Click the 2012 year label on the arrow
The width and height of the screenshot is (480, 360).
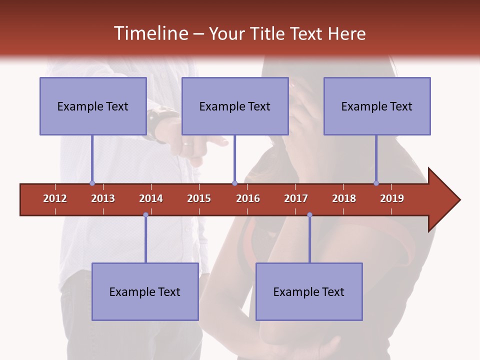(55, 198)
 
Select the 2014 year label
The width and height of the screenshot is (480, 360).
(151, 198)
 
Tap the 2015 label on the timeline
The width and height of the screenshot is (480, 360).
(199, 198)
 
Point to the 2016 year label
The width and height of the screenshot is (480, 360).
(248, 198)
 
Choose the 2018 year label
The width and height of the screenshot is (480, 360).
(344, 198)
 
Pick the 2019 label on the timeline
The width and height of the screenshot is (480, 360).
(392, 198)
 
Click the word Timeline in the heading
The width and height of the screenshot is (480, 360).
(150, 33)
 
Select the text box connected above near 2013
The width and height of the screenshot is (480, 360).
(93, 106)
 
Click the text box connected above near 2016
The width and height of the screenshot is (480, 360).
(235, 106)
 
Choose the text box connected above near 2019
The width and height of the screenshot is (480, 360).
(377, 106)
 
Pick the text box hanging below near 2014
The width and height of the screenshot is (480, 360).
(145, 291)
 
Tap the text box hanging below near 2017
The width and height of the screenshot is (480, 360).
(309, 291)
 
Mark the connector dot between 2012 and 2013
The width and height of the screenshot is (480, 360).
(92, 183)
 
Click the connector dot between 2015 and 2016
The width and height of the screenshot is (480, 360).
(234, 183)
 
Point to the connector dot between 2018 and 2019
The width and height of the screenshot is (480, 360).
(376, 183)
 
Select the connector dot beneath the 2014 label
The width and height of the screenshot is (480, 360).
(145, 215)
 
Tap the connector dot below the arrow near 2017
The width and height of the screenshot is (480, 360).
(309, 215)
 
